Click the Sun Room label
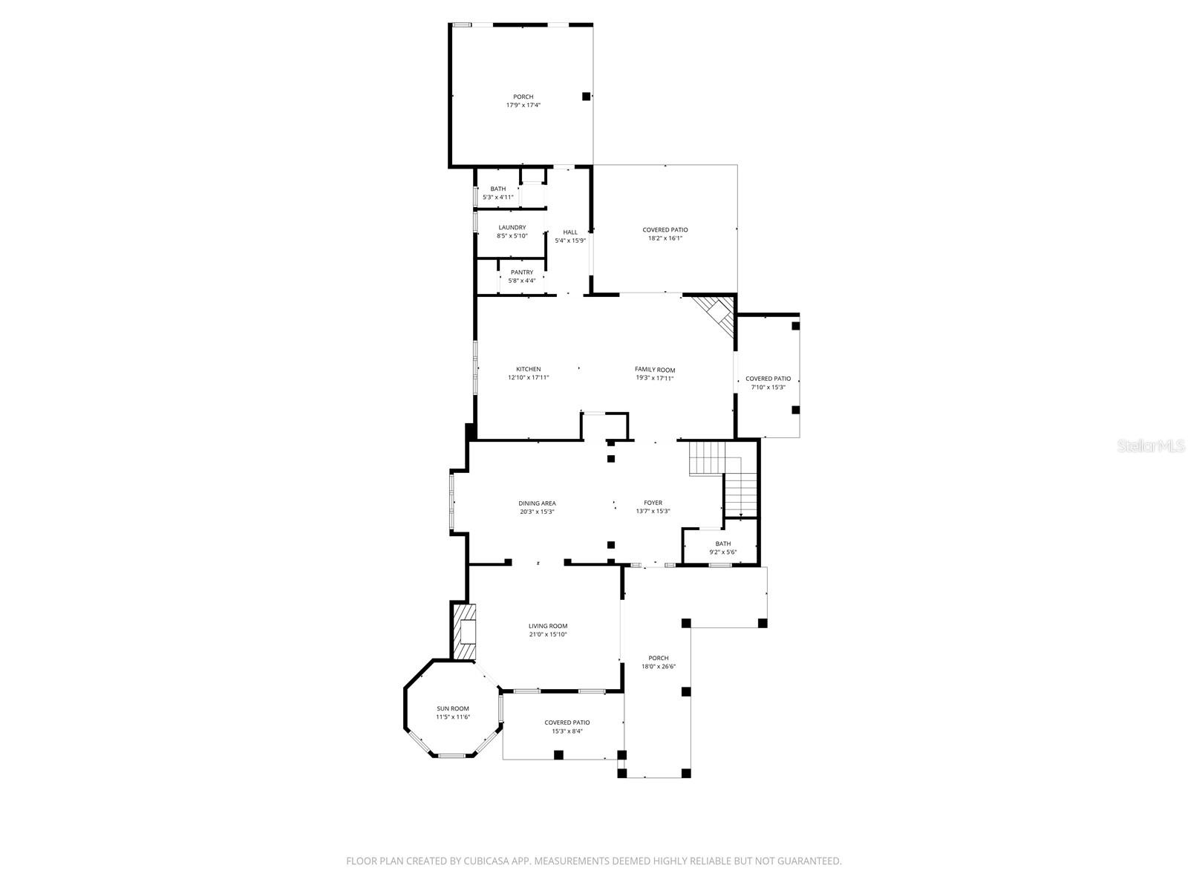click(453, 708)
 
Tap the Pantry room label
click(522, 272)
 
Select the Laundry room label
click(512, 227)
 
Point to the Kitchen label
click(529, 369)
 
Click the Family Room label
click(655, 370)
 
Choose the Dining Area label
click(538, 503)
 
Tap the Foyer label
click(653, 503)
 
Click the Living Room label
click(548, 626)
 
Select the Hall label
click(570, 232)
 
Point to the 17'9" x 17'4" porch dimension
click(523, 105)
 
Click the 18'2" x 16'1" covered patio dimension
click(665, 238)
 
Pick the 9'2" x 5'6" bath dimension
click(723, 552)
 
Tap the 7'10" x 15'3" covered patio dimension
click(768, 387)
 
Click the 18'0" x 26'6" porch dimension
click(659, 667)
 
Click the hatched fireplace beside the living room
click(464, 631)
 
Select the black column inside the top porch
click(586, 96)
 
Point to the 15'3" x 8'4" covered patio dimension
click(567, 731)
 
